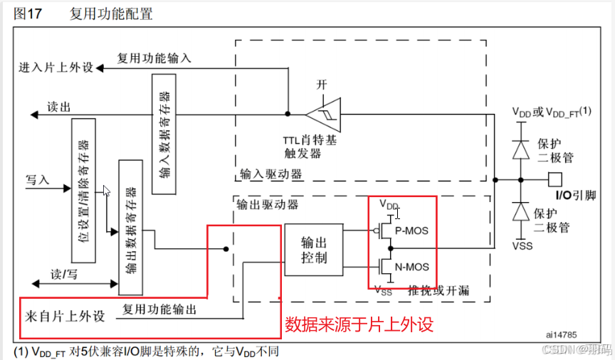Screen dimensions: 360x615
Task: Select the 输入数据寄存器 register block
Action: pyautogui.click(x=164, y=134)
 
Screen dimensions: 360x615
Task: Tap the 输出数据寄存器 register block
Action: pyautogui.click(x=130, y=228)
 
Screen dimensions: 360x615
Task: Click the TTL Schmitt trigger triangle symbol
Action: pyautogui.click(x=322, y=113)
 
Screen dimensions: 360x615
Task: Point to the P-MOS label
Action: pyautogui.click(x=412, y=231)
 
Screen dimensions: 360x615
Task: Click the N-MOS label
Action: pyautogui.click(x=412, y=267)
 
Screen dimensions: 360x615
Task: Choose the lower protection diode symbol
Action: pyautogui.click(x=521, y=212)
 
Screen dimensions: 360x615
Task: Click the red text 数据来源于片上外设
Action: pyautogui.click(x=359, y=325)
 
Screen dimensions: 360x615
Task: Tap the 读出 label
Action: pyautogui.click(x=58, y=106)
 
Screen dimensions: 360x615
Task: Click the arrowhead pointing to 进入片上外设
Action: pyautogui.click(x=100, y=68)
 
